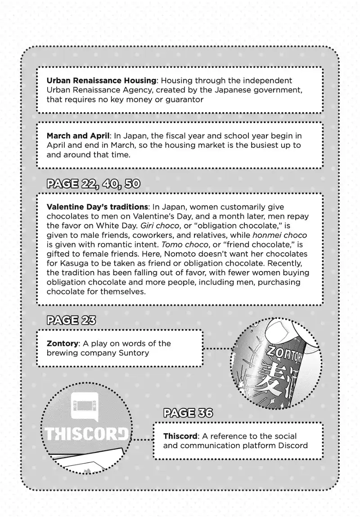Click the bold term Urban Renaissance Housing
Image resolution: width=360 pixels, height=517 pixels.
pos(101,81)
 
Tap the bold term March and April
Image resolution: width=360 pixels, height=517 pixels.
pos(78,136)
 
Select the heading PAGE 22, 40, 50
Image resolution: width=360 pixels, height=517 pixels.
pos(93,184)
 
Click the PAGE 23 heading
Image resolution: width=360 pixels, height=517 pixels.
pos(71,320)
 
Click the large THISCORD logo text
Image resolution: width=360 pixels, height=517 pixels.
pos(86,434)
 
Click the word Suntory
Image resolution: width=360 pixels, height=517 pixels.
pos(133,353)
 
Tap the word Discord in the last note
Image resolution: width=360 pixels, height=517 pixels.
pos(292,445)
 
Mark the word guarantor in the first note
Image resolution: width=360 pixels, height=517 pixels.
pos(183,100)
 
